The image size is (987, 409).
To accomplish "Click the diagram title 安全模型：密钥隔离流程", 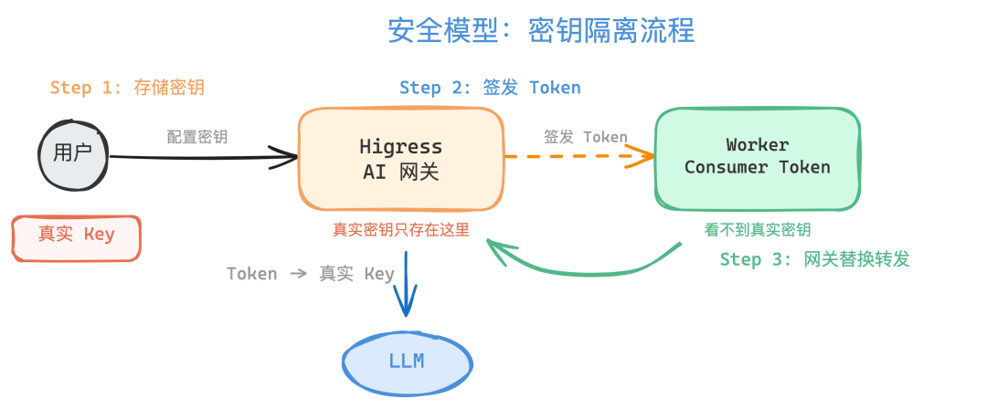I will [541, 30].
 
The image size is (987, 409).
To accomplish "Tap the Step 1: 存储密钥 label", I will [127, 88].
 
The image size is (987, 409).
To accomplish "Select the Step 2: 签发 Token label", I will [490, 88].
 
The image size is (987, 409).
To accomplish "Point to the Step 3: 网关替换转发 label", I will [814, 259].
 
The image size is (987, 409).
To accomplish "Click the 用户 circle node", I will [73, 154].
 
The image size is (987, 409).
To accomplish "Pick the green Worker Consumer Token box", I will [757, 157].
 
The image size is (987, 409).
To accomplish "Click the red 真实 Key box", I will [76, 236].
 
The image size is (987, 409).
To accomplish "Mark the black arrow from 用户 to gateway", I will [201, 158].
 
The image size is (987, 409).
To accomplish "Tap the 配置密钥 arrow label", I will [197, 137].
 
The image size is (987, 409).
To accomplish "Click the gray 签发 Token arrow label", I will [586, 137].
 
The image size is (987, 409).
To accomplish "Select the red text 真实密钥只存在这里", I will [400, 229].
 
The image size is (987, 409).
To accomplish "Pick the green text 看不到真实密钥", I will [758, 229].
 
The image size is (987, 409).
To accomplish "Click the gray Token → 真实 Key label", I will [310, 274].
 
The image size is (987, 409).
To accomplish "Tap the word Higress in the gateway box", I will [400, 147].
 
